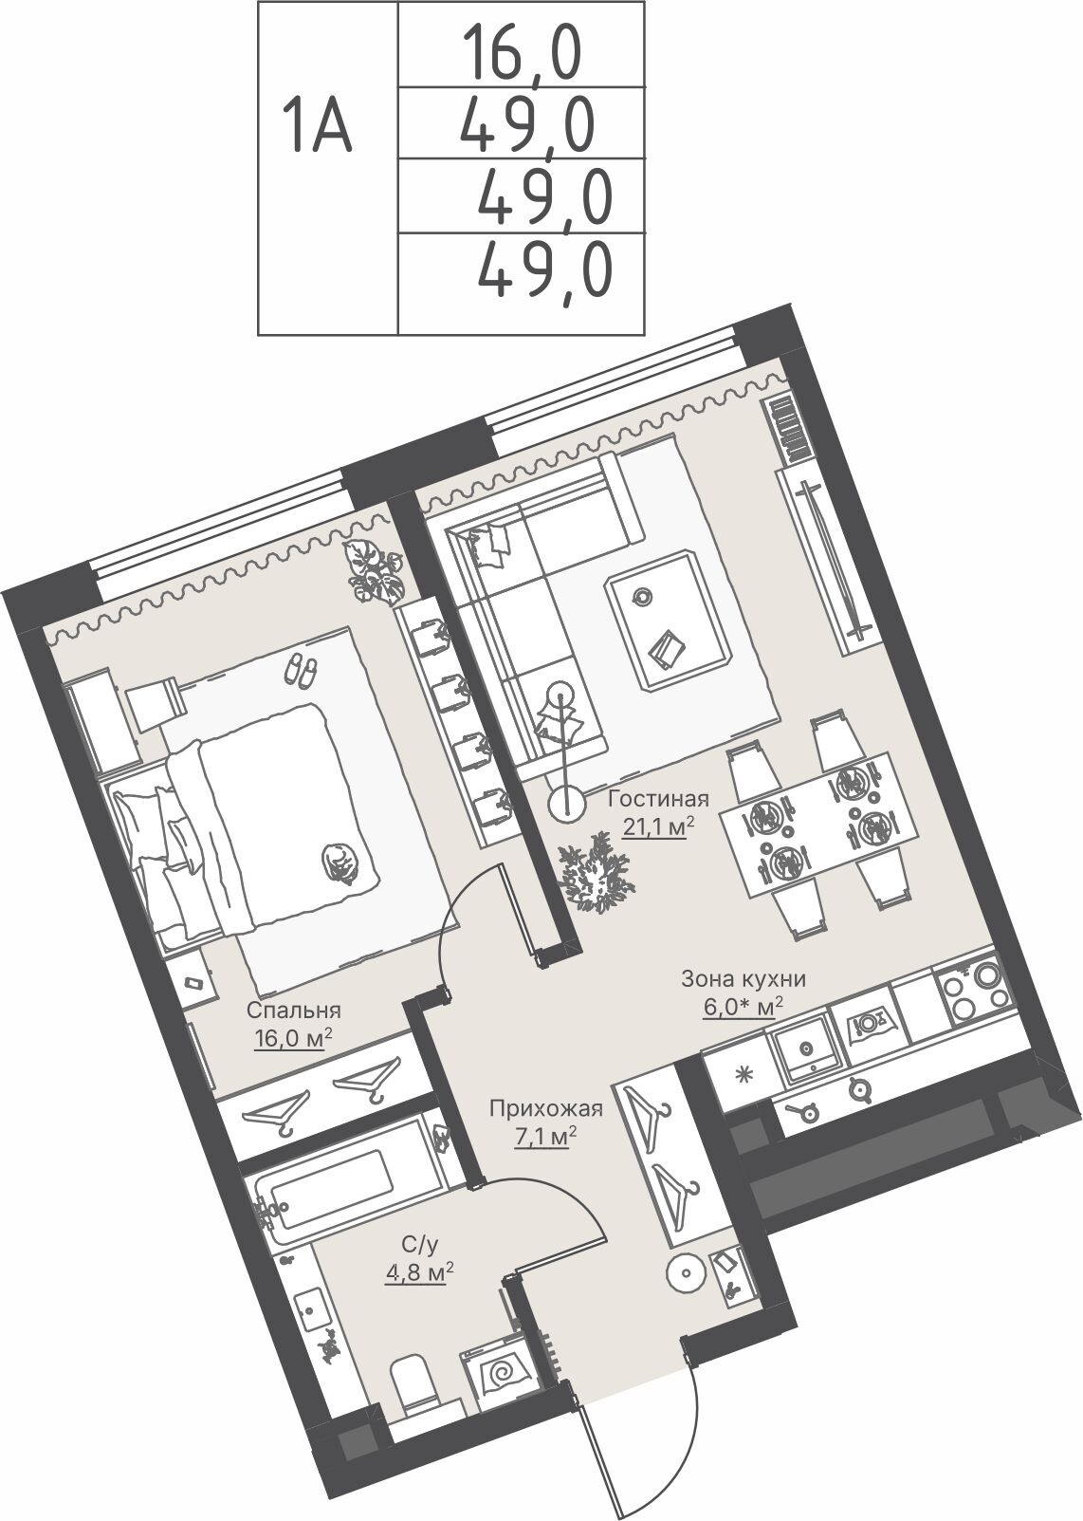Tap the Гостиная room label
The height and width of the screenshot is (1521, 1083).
click(x=658, y=799)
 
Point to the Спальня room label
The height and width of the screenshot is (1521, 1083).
click(x=293, y=1011)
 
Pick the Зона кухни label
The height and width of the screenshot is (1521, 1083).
click(x=743, y=979)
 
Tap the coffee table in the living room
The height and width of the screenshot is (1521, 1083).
click(x=670, y=622)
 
